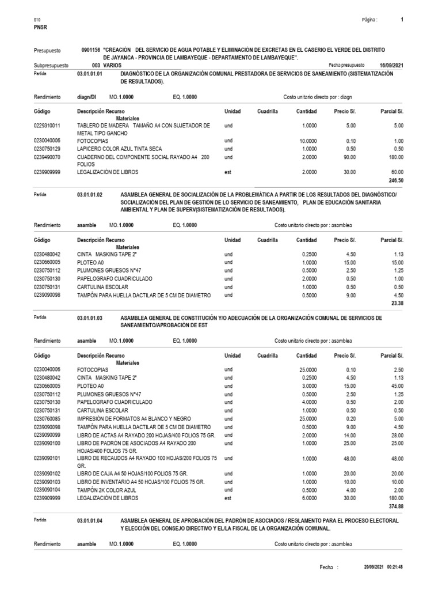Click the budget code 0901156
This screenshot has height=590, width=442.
90,51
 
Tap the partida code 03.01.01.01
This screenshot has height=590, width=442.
89,74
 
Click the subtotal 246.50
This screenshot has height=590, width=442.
394,180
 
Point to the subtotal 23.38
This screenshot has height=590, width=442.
397,303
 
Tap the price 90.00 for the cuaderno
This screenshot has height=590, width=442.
349,157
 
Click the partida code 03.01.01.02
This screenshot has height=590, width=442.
89,195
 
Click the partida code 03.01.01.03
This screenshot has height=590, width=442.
89,318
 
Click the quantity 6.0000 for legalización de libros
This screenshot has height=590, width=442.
306,497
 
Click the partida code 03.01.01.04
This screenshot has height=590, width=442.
89,521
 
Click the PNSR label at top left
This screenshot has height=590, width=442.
41,26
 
